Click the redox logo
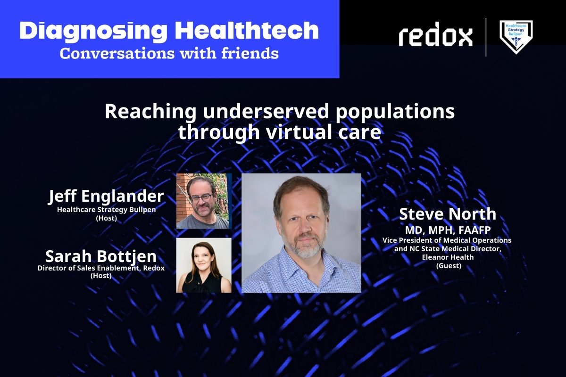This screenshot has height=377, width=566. coord(436,34)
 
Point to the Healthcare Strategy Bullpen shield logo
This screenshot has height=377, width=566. coord(516,37)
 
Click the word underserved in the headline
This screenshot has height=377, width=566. coord(266,111)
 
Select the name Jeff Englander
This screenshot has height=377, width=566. coord(106,196)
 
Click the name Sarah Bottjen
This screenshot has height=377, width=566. coord(101,256)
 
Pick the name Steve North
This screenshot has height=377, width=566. coord(448,214)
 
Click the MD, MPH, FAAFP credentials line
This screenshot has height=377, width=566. coord(448,230)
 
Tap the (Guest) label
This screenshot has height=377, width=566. coord(449,266)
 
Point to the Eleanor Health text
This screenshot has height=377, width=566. coord(448,257)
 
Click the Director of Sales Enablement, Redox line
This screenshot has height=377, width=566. coord(101,268)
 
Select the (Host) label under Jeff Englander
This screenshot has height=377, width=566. coord(107,218)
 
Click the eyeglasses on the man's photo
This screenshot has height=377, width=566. coord(202,197)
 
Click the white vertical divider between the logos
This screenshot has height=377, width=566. coord(486,37)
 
